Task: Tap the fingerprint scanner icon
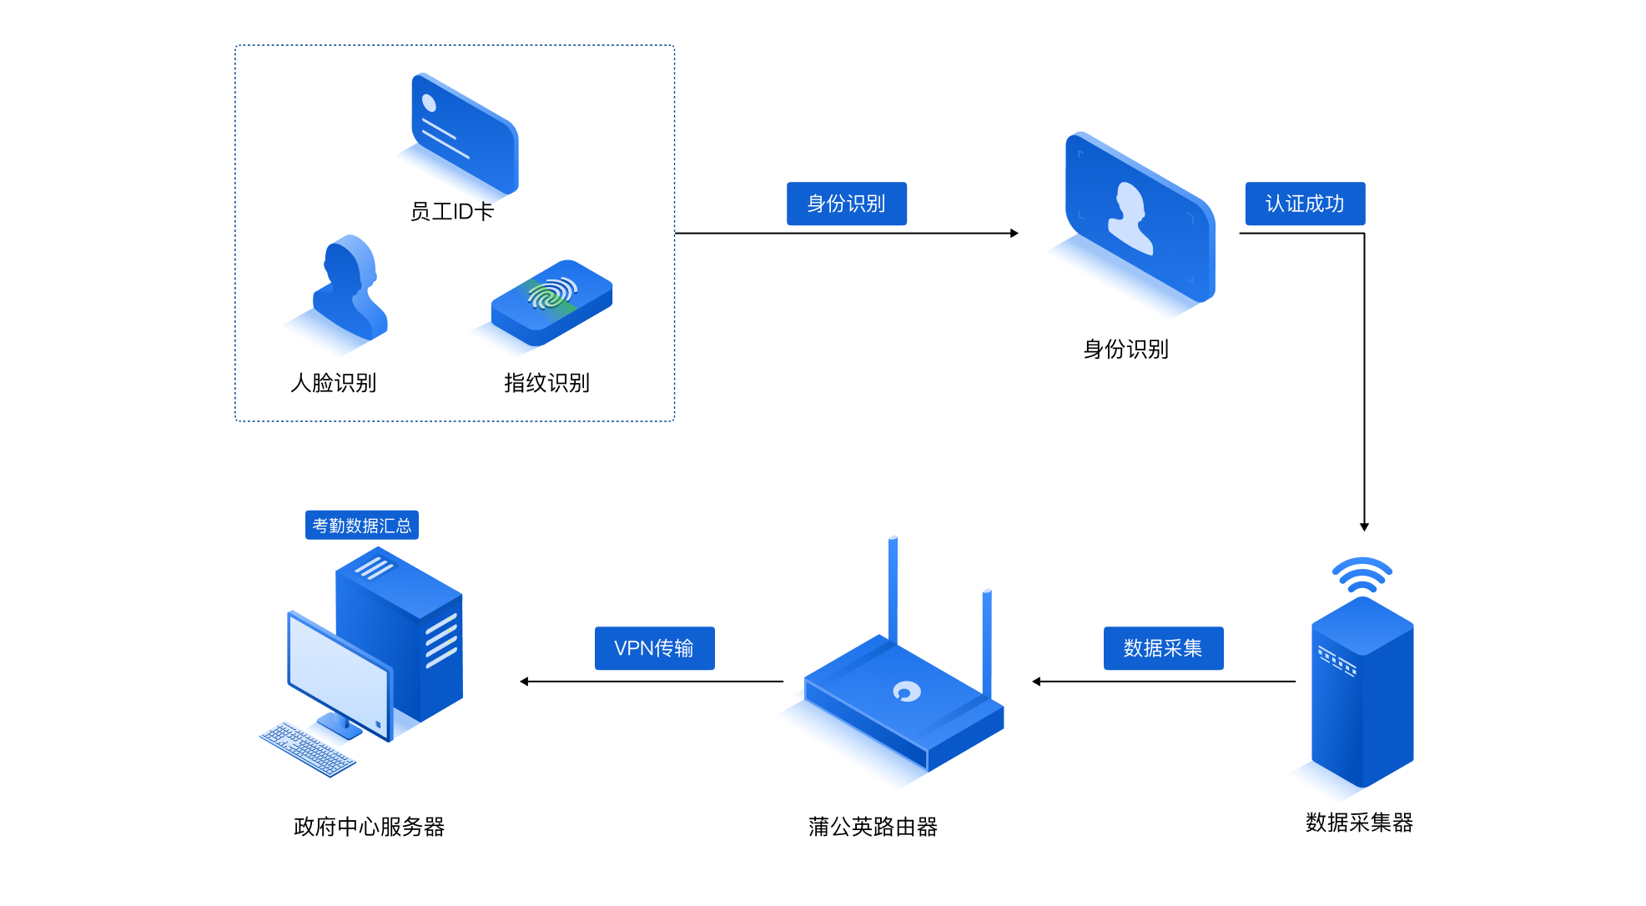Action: pos(552,301)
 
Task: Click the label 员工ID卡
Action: pos(451,212)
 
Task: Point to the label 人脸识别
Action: pos(333,383)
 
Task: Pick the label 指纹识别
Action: pos(546,383)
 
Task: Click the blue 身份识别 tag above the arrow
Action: pos(846,204)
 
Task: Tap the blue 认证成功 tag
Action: pos(1305,204)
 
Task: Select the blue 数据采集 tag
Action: pos(1163,648)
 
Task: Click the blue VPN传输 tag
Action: pos(654,648)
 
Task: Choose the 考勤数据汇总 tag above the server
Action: pos(361,526)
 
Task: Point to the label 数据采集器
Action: pos(1359,823)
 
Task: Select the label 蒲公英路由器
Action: pos(873,827)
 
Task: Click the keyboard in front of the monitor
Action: pos(307,748)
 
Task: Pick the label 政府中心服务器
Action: pos(369,827)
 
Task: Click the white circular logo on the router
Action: pos(907,691)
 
